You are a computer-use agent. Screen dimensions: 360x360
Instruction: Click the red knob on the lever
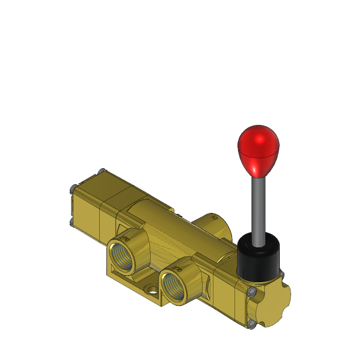(x=258, y=148)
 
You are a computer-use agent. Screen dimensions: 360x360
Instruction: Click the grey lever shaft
(x=258, y=206)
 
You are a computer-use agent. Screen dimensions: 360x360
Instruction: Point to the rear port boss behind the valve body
(x=211, y=224)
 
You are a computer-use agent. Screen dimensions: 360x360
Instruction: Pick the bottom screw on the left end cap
(x=71, y=222)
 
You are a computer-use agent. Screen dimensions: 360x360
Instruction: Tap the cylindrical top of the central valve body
(x=170, y=226)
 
